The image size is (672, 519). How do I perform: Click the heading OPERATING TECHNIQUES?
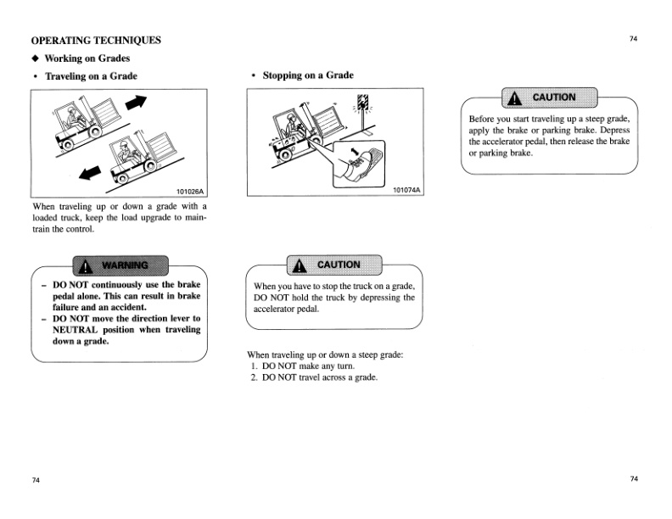click(x=95, y=40)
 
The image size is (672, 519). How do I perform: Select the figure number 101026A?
click(x=189, y=191)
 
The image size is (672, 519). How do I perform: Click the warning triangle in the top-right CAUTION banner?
click(x=513, y=98)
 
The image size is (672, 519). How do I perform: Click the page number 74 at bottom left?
click(x=36, y=480)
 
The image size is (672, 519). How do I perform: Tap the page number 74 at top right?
click(x=633, y=39)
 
